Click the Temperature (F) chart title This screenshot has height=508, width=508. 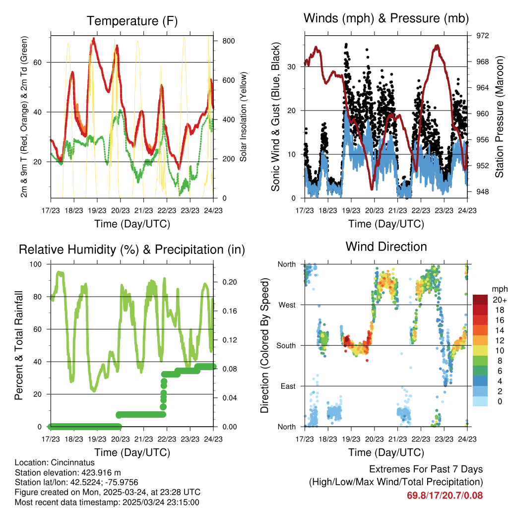pos(132,21)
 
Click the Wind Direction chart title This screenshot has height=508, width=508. pos(386,247)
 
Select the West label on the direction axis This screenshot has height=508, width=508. pos(287,305)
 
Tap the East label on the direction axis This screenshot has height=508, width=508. pos(288,386)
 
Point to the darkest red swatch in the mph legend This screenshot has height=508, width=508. pos(480,300)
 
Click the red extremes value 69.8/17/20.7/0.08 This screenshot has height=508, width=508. pos(445,496)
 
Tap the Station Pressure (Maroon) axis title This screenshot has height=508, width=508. pos(499,116)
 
